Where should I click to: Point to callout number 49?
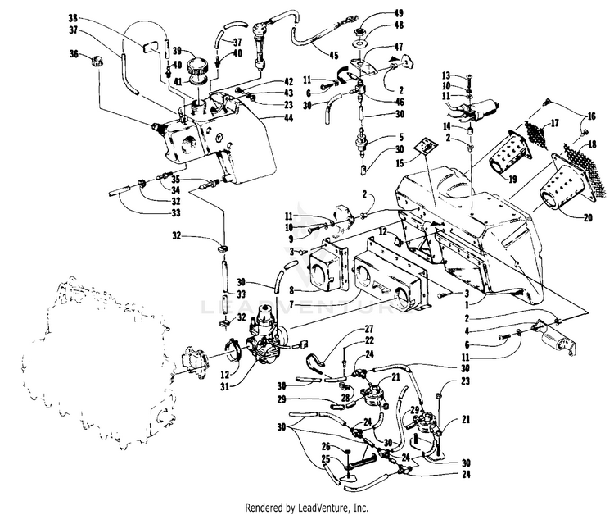coord(399,14)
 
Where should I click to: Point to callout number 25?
coord(325,461)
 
